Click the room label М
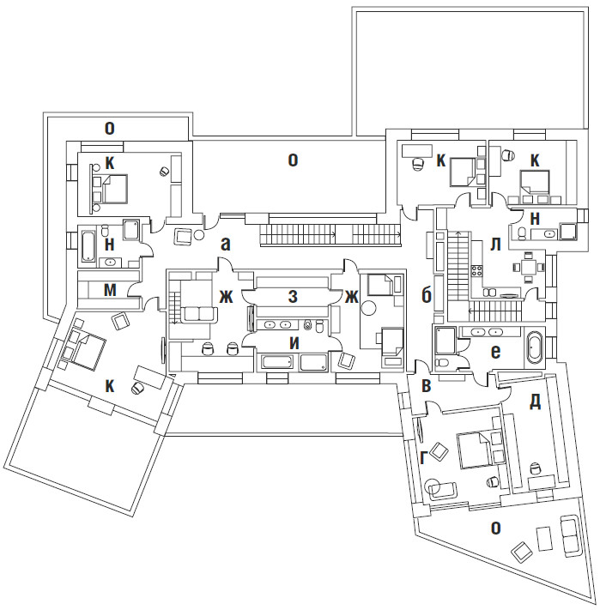(110, 290)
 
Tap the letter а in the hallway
(226, 244)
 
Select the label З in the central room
(293, 297)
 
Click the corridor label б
(426, 296)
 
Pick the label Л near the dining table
(495, 244)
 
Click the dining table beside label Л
(525, 266)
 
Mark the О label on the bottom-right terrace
(494, 528)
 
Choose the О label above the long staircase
(293, 160)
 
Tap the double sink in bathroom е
(486, 332)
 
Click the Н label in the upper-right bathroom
(535, 219)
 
